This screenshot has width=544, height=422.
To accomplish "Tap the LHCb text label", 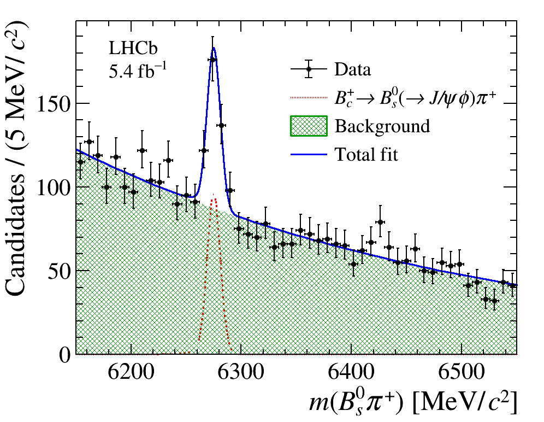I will tap(133, 49).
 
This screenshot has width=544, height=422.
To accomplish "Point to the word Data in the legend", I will tap(352, 70).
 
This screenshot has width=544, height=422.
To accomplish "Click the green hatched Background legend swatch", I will tap(308, 126).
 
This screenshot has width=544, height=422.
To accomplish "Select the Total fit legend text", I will tap(366, 155).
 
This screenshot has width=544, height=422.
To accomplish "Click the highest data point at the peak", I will tap(212, 60).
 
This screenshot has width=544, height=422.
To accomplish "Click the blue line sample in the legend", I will tap(308, 155).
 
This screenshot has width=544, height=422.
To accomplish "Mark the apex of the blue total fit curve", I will tap(214, 48).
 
